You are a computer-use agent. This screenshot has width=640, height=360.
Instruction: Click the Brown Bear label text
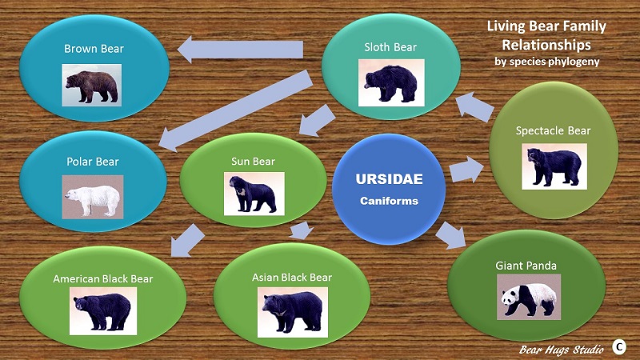94,49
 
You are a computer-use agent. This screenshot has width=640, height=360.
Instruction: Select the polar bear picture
93,197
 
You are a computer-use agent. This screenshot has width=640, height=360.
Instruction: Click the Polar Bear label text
93,162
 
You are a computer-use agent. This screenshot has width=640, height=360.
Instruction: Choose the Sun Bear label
253,162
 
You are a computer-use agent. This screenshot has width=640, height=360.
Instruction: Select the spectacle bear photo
554,166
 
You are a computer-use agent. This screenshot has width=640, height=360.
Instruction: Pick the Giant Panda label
526,266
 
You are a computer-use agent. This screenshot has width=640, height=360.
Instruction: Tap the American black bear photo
102,310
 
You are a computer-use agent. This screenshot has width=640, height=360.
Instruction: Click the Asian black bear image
293,310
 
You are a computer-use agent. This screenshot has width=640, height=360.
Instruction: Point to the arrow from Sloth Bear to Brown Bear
240,51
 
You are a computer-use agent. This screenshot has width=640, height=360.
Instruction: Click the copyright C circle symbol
619,346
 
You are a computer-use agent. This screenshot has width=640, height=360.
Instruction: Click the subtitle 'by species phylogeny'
546,61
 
